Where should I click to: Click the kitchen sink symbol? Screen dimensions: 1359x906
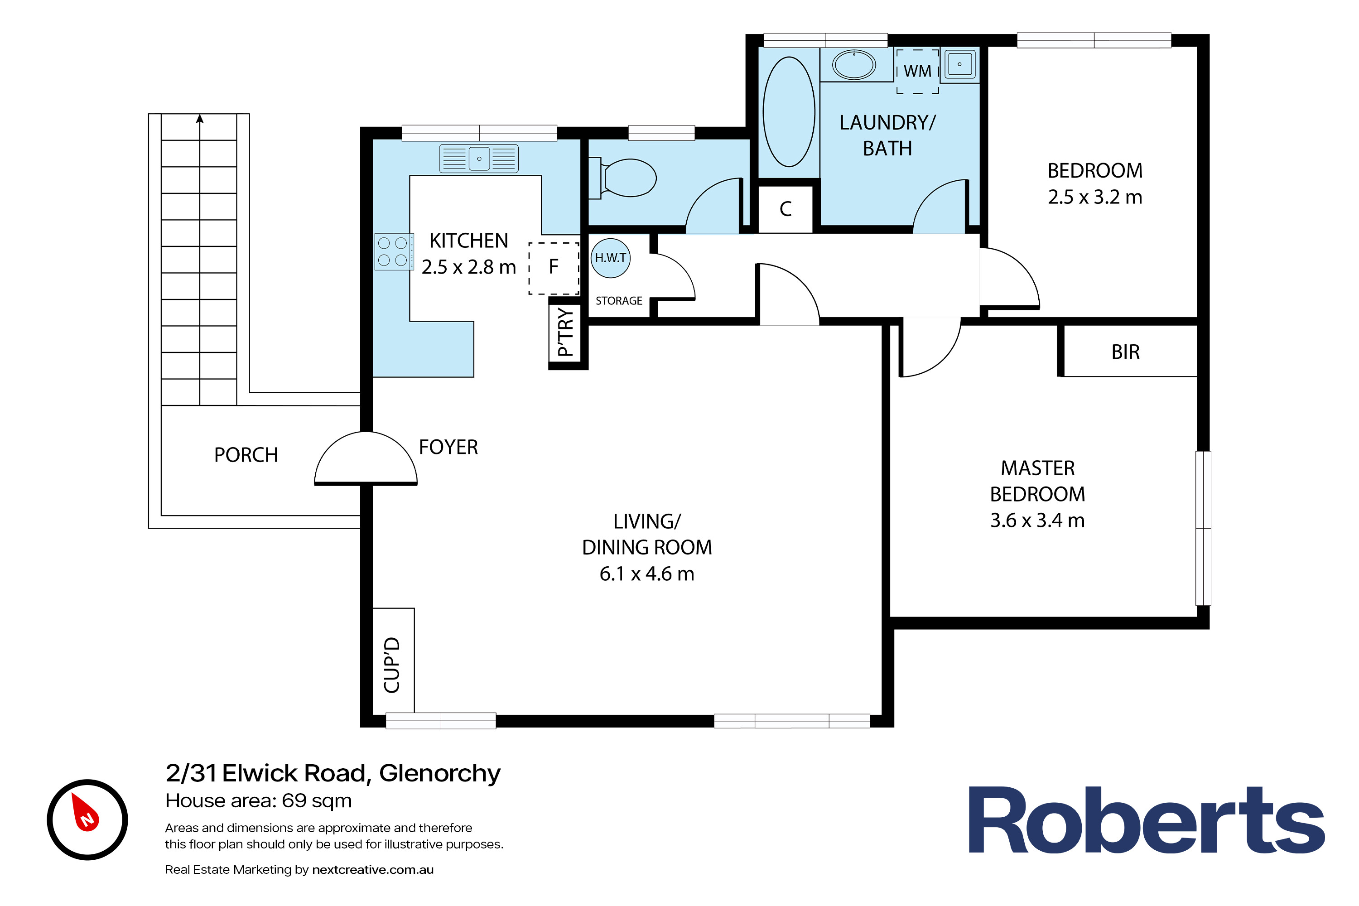479,158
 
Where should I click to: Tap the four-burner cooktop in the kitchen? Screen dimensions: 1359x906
394,252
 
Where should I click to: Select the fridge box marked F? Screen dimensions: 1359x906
554,268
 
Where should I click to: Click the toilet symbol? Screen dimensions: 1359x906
623,178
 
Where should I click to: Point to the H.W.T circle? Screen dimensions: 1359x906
611,258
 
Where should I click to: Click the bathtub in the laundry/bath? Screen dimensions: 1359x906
789,111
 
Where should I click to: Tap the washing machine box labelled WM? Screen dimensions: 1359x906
918,71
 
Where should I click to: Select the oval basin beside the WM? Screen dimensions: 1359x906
854,64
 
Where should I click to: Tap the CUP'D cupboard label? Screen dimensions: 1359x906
392,665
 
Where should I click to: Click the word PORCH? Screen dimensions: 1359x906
246,455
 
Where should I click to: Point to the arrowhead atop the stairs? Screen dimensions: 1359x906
200,118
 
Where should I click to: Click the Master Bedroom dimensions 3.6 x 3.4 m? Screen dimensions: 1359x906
1038,520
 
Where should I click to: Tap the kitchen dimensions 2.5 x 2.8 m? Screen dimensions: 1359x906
468,267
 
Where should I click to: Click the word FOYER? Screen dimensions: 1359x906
448,447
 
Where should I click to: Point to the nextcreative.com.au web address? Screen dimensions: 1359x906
373,870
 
